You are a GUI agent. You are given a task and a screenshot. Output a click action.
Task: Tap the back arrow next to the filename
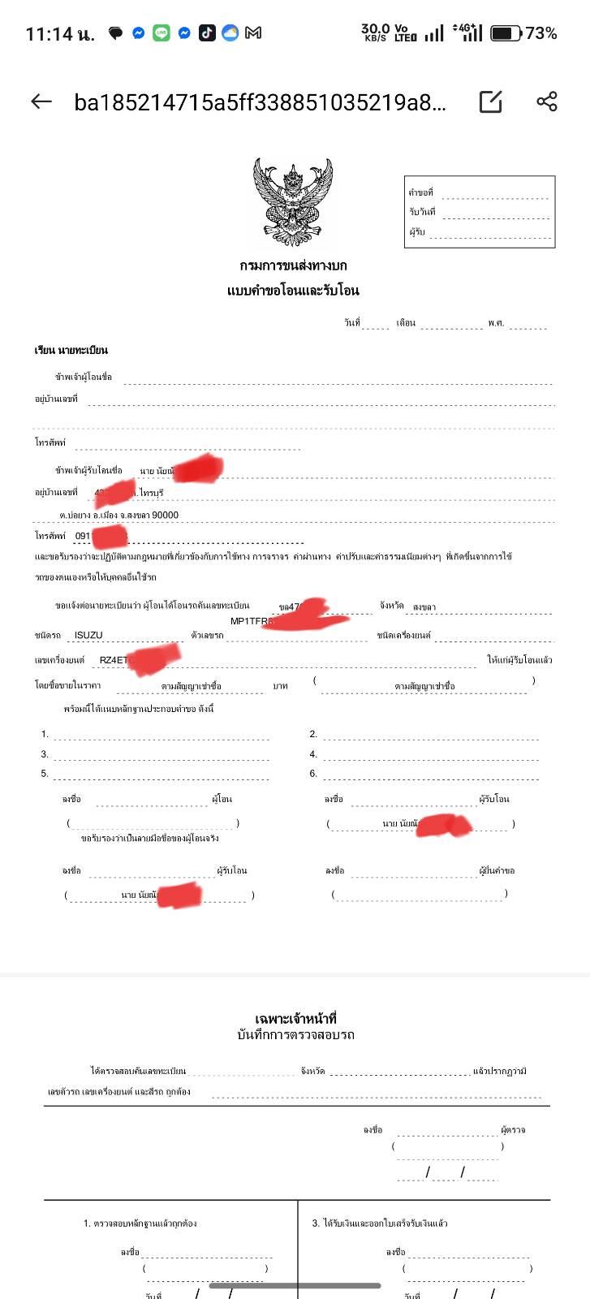[x=41, y=101]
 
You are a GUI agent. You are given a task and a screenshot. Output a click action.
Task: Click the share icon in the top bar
[x=547, y=101]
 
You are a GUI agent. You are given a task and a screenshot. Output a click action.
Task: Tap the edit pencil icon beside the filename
[x=491, y=101]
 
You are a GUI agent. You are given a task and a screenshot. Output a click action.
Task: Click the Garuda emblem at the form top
[x=293, y=201]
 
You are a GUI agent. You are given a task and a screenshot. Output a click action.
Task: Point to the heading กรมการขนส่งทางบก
[x=293, y=265]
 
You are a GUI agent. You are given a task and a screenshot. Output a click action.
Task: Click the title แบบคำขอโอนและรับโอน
[x=293, y=290]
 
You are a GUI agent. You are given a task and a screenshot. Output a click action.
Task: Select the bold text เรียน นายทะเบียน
[x=71, y=350]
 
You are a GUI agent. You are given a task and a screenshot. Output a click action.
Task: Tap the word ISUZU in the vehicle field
[x=88, y=636]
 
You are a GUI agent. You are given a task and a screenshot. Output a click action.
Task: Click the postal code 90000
[x=165, y=515]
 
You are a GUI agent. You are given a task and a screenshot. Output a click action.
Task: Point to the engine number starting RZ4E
[x=114, y=660]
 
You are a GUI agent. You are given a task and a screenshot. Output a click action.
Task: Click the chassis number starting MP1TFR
[x=252, y=621]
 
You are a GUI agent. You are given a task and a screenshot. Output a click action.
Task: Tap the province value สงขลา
[x=424, y=606]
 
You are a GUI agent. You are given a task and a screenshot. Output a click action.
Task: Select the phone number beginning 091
[x=83, y=536]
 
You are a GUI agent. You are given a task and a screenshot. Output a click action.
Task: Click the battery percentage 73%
[x=541, y=33]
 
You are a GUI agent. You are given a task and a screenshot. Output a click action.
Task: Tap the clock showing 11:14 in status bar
[x=59, y=34]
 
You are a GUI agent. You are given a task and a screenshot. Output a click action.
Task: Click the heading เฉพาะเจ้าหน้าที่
[x=295, y=1018]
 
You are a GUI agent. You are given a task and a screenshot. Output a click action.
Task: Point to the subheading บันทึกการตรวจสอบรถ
[x=295, y=1035]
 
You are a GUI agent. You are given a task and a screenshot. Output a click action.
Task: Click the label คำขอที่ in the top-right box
[x=420, y=193]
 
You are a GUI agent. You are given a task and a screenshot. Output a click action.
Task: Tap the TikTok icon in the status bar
[x=207, y=33]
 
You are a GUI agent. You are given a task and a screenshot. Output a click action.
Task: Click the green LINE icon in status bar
[x=161, y=33]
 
